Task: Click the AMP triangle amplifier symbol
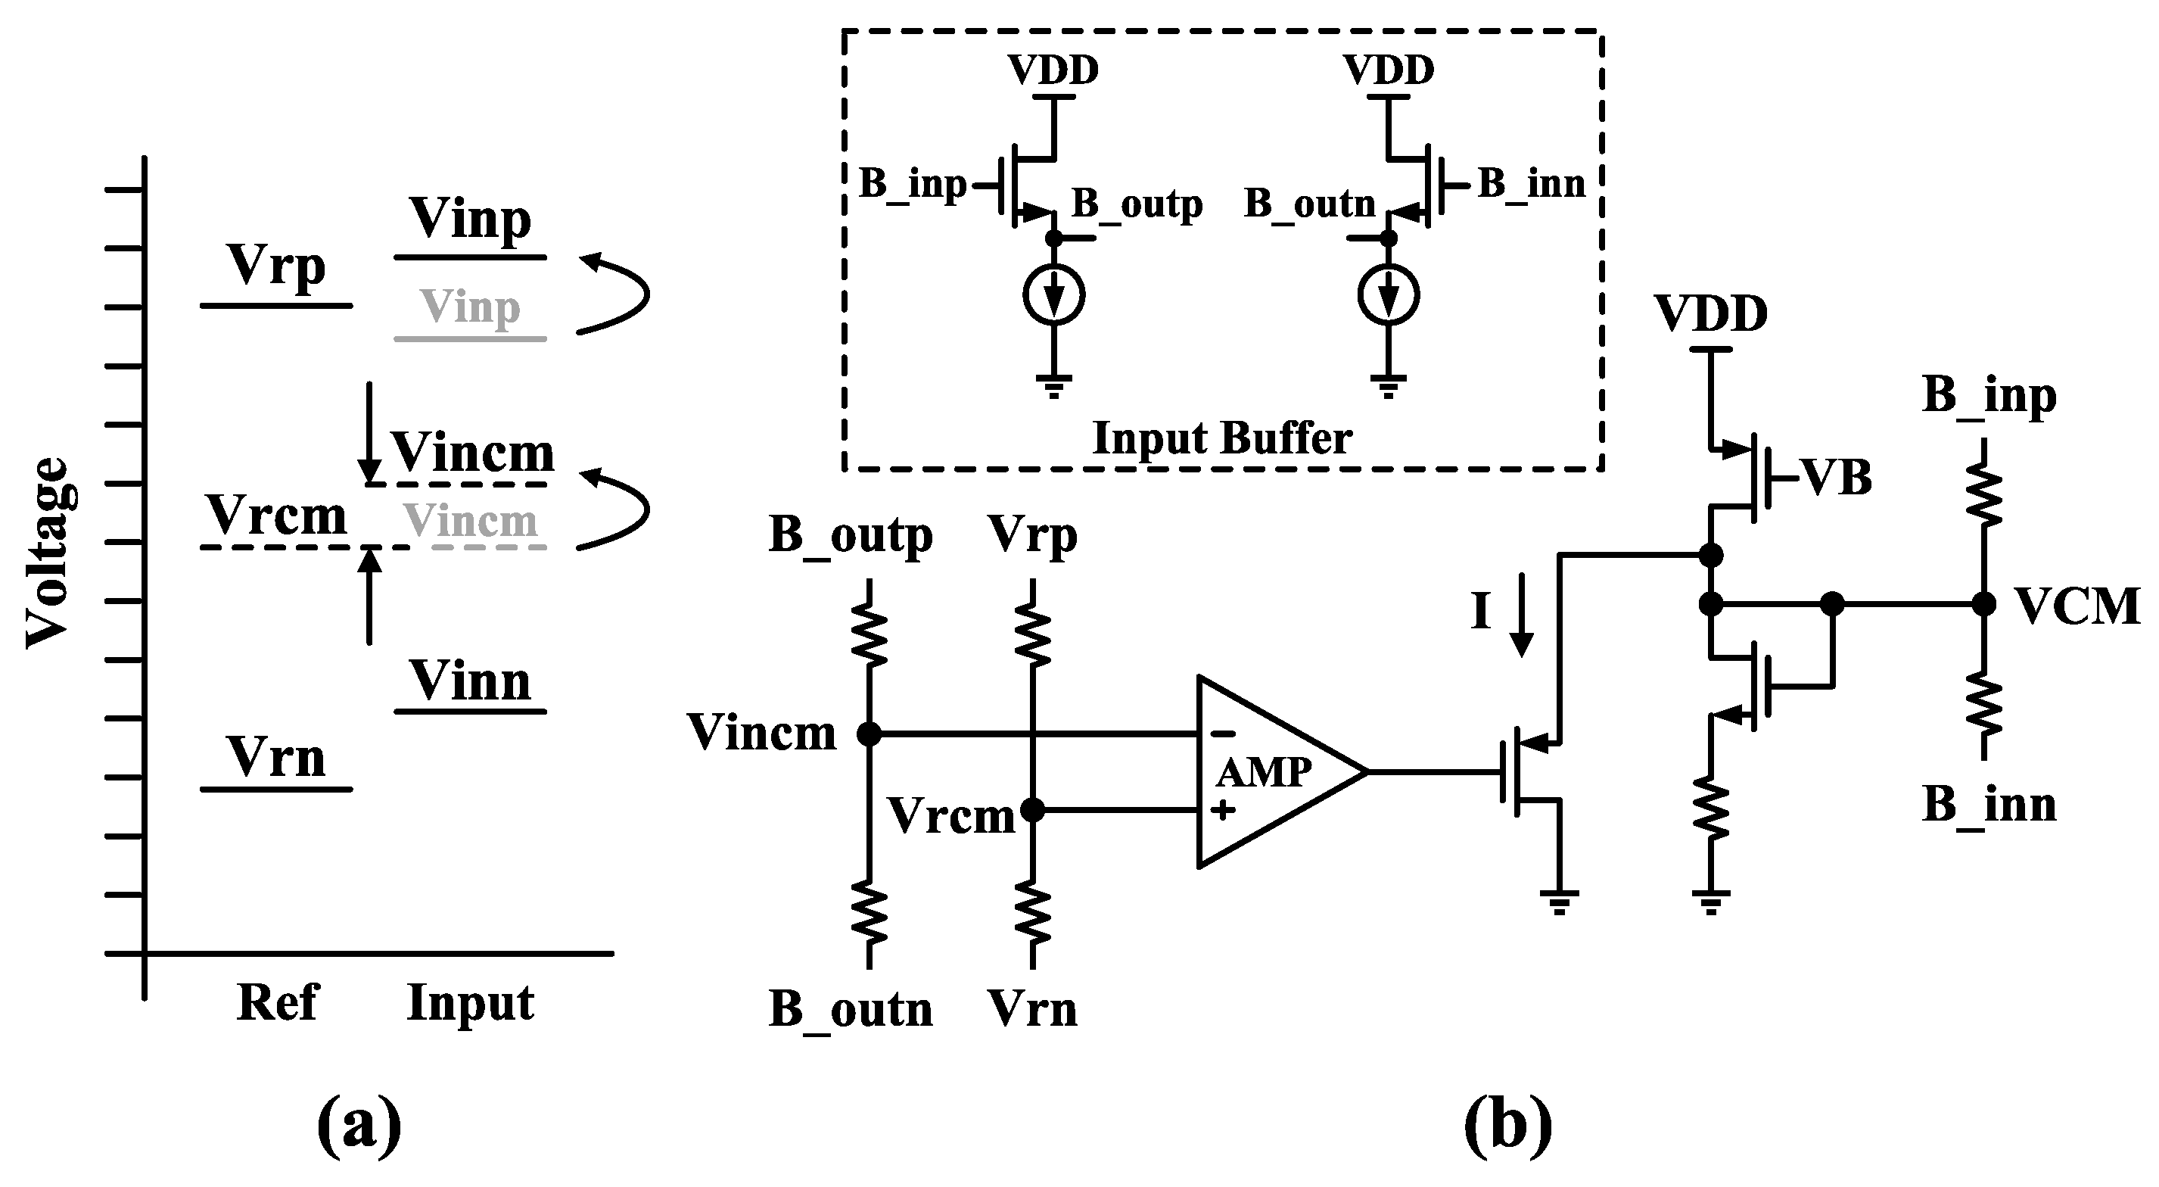[x=1265, y=772]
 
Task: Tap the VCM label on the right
[x=2076, y=607]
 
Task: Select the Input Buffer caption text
[x=1222, y=438]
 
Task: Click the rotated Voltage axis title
[x=46, y=553]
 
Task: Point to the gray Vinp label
[x=469, y=307]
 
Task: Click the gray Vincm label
[x=469, y=522]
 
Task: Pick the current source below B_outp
[x=1054, y=295]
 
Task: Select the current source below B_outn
[x=1388, y=295]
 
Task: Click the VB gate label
[x=1835, y=478]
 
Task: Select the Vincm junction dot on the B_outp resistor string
[x=870, y=734]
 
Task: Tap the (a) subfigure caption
[x=359, y=1126]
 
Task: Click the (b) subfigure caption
[x=1507, y=1126]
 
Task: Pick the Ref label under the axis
[x=278, y=1002]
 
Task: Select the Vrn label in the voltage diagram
[x=275, y=759]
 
